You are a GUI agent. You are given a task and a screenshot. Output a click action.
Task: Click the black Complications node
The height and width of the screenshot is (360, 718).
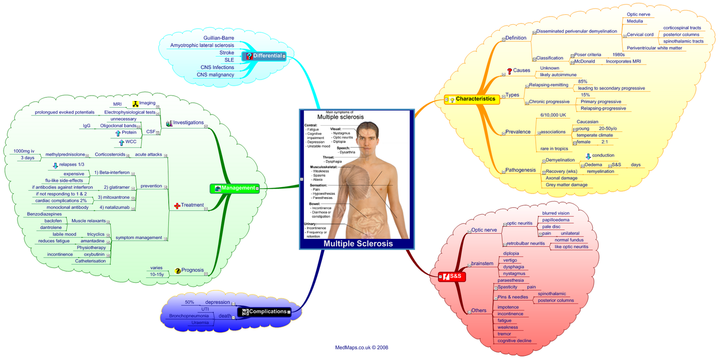coord(264,312)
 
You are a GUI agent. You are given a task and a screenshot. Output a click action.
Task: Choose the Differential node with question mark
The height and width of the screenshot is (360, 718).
coord(264,56)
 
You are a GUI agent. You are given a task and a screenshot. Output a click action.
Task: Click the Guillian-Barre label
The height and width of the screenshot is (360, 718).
coord(219,38)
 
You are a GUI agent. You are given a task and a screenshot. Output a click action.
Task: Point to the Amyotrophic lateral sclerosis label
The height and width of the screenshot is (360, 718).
coord(202,45)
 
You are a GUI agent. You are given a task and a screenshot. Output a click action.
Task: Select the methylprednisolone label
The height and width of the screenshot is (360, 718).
coord(65,154)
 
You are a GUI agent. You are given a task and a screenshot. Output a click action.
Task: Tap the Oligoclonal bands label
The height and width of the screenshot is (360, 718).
coord(118,126)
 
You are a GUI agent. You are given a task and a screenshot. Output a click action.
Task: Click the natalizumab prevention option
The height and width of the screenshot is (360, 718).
coord(114,207)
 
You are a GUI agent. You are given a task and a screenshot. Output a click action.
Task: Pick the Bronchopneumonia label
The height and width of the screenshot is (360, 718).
coord(189,316)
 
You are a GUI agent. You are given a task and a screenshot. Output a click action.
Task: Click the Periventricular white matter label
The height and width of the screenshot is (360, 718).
coord(654,48)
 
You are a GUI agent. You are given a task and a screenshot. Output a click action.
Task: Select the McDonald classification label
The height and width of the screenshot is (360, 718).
coord(585,61)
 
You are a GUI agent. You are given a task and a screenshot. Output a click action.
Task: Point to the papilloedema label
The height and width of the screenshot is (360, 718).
coord(556,220)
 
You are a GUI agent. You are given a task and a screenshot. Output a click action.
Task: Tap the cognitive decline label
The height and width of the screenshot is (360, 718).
coord(514,341)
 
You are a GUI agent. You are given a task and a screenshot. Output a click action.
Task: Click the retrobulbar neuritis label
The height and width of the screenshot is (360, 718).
coord(525,243)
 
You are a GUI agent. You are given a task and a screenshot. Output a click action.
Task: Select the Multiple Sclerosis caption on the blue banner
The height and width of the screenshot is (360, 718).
coord(358,244)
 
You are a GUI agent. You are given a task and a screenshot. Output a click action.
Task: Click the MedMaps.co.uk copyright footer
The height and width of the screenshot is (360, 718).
coord(362,347)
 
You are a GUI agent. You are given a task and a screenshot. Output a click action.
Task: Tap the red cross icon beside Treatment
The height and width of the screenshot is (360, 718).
coord(177,206)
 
